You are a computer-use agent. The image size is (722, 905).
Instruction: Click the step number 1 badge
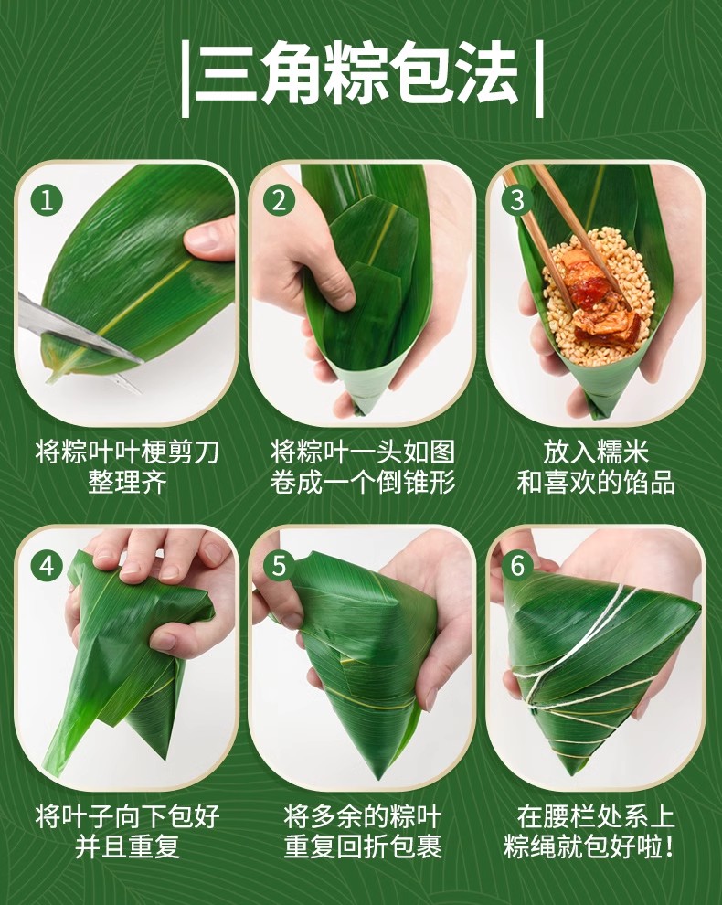[47, 201]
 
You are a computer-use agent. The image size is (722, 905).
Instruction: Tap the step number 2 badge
[279, 201]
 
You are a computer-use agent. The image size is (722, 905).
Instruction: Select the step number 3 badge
[517, 201]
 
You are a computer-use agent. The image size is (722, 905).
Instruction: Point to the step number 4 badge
[47, 566]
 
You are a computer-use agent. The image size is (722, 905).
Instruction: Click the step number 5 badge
[279, 566]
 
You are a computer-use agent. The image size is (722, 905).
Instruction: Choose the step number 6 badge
[517, 566]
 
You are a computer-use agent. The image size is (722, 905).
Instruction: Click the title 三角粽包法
[361, 76]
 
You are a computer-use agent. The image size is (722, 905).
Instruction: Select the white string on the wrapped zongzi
[577, 669]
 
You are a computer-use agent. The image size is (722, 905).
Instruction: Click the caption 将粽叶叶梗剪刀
[128, 452]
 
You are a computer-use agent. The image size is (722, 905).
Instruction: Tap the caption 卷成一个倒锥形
[363, 483]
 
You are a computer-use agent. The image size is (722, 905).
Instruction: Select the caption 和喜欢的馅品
[596, 483]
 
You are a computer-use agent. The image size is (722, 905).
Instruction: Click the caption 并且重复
[128, 846]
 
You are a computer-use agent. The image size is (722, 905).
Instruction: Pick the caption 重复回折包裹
[363, 846]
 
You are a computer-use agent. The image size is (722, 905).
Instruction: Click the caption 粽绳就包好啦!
[589, 846]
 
